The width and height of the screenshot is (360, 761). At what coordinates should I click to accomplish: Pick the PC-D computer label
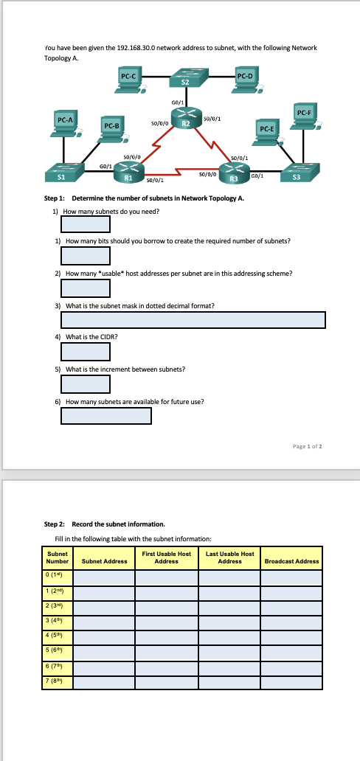[x=246, y=75]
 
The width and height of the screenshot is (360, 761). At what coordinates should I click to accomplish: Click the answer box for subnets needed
[x=86, y=223]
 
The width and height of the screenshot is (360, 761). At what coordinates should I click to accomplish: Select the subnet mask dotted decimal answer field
[x=193, y=319]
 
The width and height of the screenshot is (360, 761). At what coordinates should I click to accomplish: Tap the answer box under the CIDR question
[x=86, y=352]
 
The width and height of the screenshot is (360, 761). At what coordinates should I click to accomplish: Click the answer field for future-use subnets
[x=106, y=416]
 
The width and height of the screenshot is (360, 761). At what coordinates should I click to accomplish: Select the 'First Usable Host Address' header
[x=166, y=557]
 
